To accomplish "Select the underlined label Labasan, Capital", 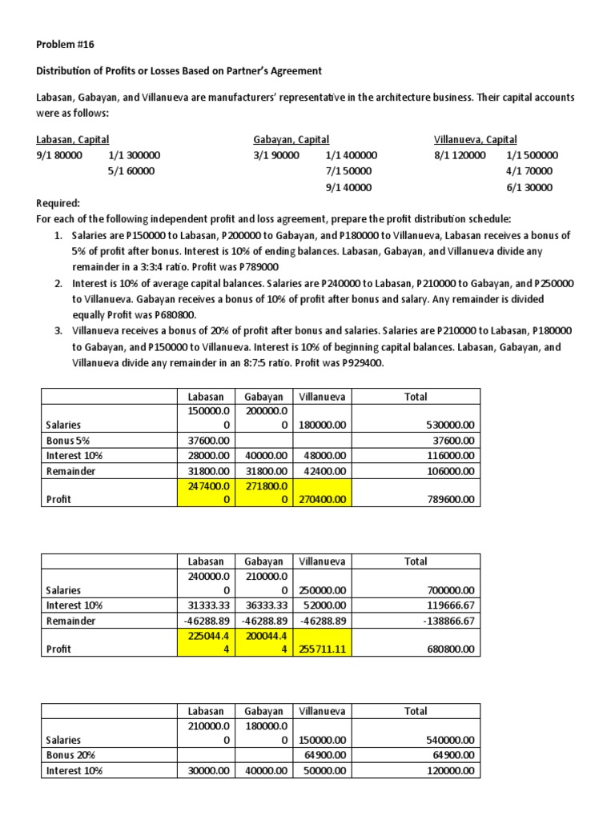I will point(73,139).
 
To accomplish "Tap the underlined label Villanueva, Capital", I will point(476,139).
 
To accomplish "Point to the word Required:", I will point(58,203).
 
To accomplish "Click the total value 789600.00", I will point(450,499).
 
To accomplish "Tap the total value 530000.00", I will point(450,425).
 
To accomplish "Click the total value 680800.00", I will point(450,649).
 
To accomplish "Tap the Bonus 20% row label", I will point(73,755).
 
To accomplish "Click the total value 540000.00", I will point(450,740).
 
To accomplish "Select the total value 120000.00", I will point(450,771).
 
